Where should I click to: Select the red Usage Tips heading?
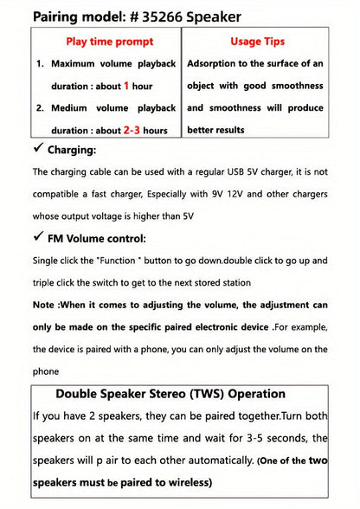[257, 42]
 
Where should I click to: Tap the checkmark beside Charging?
[38, 151]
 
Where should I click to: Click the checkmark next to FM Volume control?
[38, 238]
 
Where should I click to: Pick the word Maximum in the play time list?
[76, 64]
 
